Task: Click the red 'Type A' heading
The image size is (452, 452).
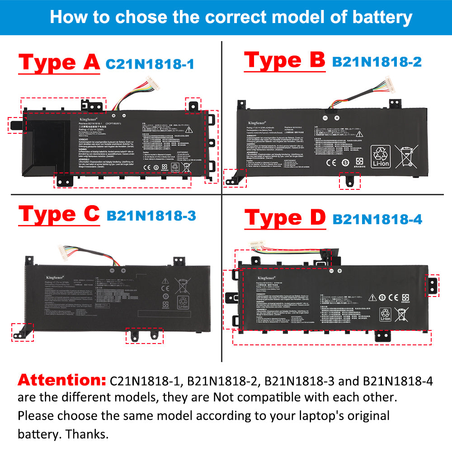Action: tap(59, 62)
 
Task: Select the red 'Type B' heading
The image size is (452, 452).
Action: tap(284, 61)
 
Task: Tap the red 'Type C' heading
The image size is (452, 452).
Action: tap(59, 214)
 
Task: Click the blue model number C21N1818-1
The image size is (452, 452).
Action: tap(150, 64)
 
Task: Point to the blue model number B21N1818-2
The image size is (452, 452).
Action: tap(377, 61)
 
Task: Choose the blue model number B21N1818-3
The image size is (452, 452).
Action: tap(151, 216)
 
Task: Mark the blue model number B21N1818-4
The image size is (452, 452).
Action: tap(377, 219)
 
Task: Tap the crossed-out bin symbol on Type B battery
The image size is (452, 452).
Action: tap(405, 156)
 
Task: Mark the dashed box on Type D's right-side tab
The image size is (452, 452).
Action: tap(433, 286)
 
